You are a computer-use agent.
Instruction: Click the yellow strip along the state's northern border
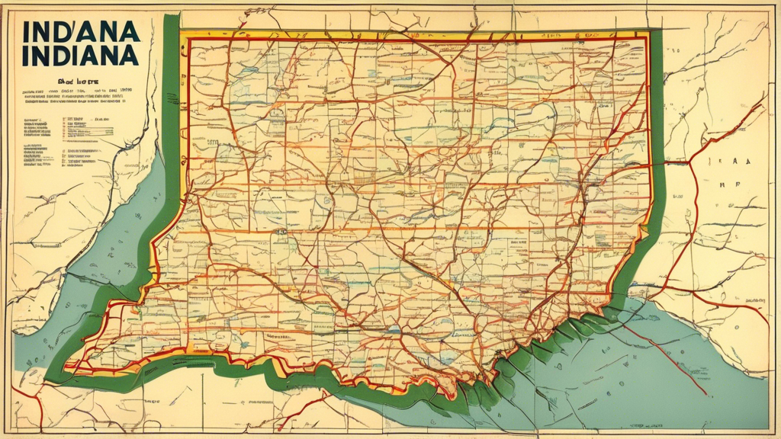click(412, 34)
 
